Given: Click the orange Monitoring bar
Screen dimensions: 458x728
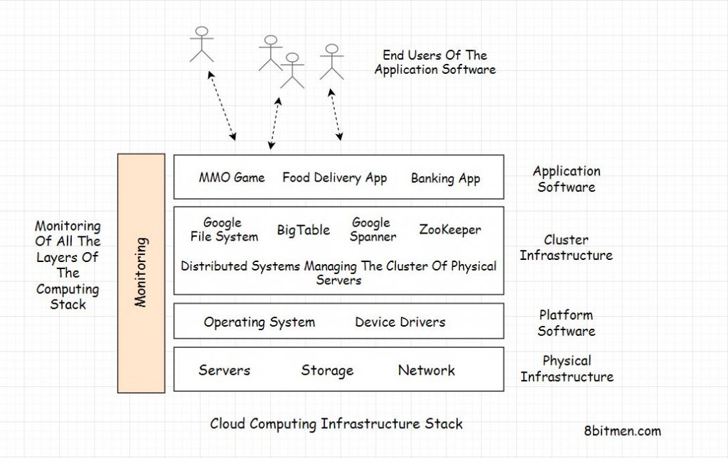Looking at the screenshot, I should pyautogui.click(x=141, y=273).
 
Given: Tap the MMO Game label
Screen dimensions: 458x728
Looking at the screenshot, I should pyautogui.click(x=232, y=178).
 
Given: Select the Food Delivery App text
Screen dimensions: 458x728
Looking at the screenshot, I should pyautogui.click(x=334, y=178).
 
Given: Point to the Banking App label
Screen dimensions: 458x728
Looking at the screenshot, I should pyautogui.click(x=445, y=179).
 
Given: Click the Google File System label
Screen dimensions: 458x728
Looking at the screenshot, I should pyautogui.click(x=224, y=230).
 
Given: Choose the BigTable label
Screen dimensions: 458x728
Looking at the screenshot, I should pyautogui.click(x=304, y=230).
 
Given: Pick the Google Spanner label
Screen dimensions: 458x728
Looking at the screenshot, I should pyautogui.click(x=372, y=230).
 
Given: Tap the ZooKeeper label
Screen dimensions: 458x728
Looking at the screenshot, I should pyautogui.click(x=450, y=230).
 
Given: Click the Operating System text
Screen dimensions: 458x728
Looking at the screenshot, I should pyautogui.click(x=259, y=322).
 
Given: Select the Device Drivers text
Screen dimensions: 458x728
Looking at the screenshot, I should pyautogui.click(x=400, y=322).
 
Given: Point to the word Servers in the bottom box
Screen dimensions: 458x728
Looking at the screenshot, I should pyautogui.click(x=224, y=370).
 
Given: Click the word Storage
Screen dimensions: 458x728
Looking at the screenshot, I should pyautogui.click(x=327, y=371).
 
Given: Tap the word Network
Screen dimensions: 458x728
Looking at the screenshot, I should pyautogui.click(x=427, y=370).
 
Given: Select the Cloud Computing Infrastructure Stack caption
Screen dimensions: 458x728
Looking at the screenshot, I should pyautogui.click(x=336, y=424).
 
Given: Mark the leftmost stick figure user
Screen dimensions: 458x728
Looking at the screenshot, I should pyautogui.click(x=202, y=44).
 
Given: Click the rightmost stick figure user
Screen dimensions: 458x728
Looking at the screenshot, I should pyautogui.click(x=331, y=62).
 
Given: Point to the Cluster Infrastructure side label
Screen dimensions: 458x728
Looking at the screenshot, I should pyautogui.click(x=566, y=248).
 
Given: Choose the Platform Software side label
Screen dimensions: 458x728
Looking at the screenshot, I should pyautogui.click(x=566, y=323).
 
